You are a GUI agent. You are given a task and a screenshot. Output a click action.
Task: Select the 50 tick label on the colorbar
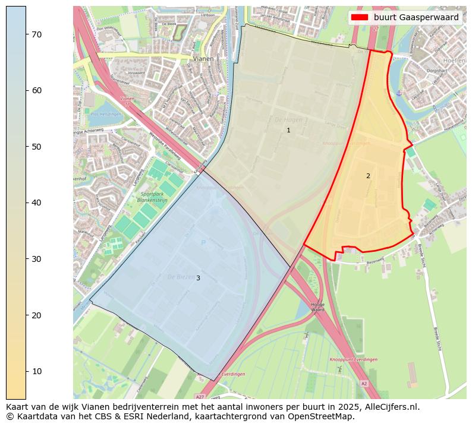point(36,147)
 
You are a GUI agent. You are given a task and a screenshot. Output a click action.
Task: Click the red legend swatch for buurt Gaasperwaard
point(360,18)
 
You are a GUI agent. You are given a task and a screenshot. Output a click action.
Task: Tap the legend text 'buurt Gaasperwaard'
point(416,18)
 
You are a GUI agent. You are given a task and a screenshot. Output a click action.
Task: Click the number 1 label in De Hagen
point(288,130)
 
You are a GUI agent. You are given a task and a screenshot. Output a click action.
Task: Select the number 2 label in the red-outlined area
point(368,176)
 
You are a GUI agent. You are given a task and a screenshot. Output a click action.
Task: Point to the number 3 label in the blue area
point(198,278)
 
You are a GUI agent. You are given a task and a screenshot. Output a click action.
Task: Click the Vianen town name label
point(203,59)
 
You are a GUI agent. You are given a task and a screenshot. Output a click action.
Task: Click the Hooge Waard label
point(318,306)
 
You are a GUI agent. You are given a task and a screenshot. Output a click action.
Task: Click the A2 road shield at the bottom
point(364,384)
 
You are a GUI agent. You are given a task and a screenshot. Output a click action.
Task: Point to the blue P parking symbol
point(203,242)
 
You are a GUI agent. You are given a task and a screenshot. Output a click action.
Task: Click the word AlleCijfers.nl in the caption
point(389,407)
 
